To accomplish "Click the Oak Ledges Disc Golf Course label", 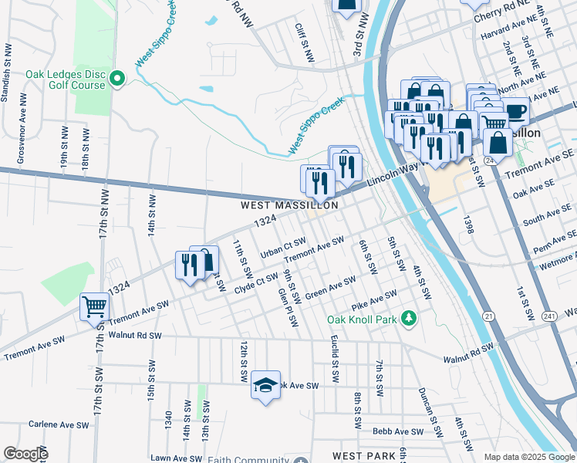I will pyautogui.click(x=65, y=79).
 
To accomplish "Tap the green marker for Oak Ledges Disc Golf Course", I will pyautogui.click(x=118, y=78).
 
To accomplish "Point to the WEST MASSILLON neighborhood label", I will pyautogui.click(x=289, y=206).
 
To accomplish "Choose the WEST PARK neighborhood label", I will pyautogui.click(x=364, y=456).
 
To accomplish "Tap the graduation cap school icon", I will pyautogui.click(x=265, y=385).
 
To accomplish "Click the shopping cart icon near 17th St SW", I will pyautogui.click(x=94, y=306).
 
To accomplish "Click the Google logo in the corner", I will pyautogui.click(x=25, y=454).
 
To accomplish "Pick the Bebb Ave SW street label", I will pyautogui.click(x=398, y=431).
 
